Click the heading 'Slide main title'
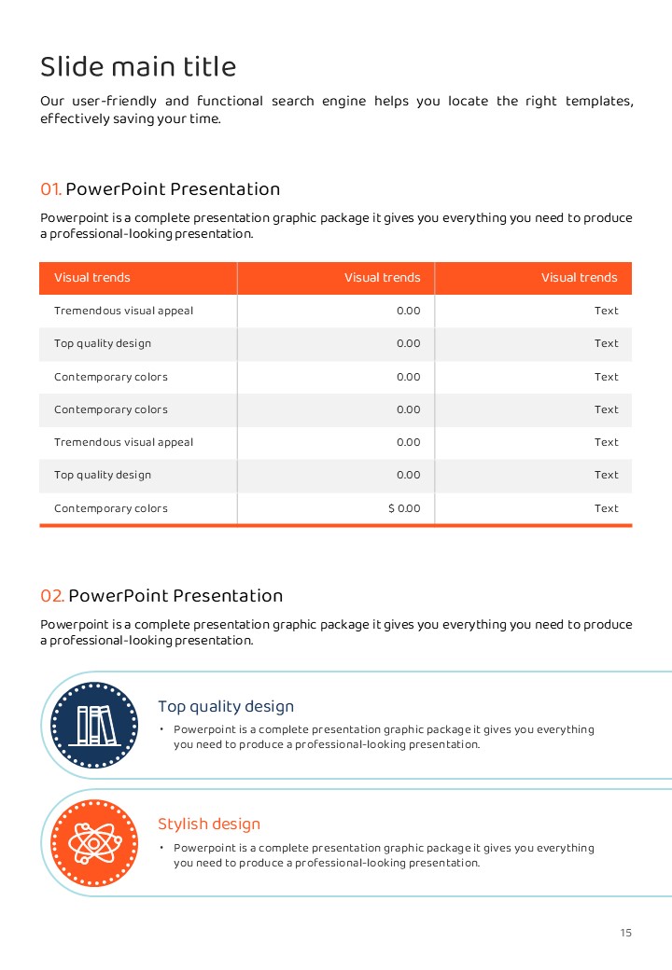point(138,67)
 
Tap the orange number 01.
point(50,189)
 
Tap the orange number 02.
point(52,596)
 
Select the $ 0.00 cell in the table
point(404,508)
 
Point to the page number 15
point(625,933)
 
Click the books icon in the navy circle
point(94,725)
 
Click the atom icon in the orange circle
point(94,842)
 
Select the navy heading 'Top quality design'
point(226,707)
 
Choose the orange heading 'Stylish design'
point(209,824)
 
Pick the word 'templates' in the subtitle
point(599,101)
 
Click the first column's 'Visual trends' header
point(92,278)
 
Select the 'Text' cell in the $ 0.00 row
point(606,508)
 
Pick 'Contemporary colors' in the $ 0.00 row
point(111,508)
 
